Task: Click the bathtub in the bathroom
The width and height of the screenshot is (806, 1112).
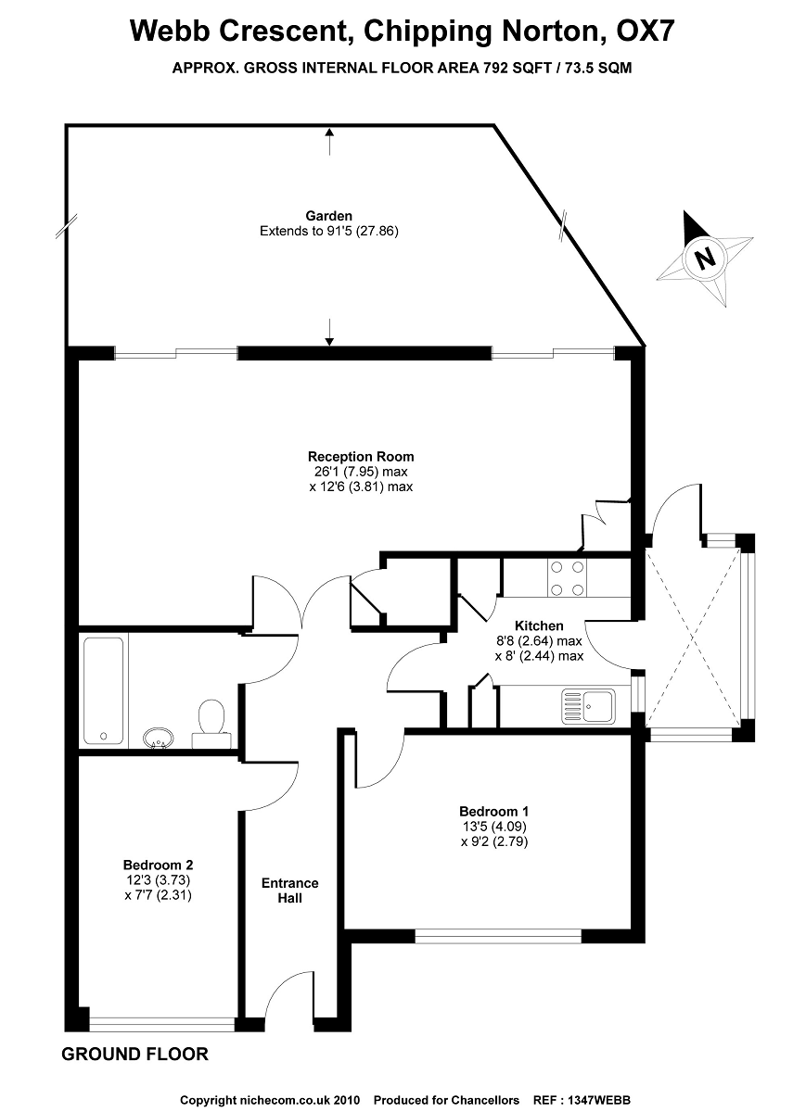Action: point(103,689)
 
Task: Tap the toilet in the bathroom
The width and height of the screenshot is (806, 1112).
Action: point(211,723)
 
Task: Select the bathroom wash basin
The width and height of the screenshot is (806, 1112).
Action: point(160,738)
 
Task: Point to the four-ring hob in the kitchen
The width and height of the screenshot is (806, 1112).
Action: point(567,577)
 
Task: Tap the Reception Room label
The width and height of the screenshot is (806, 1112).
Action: point(361,457)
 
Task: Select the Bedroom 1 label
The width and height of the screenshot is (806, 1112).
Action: point(493,812)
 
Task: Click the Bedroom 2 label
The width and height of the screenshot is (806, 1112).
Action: point(158,866)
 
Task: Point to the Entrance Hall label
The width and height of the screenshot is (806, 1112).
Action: point(289,891)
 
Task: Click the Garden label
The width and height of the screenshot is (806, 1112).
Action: point(329,217)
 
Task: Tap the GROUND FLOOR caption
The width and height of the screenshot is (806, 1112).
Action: point(134,1055)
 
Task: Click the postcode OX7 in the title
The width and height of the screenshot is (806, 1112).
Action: point(640,32)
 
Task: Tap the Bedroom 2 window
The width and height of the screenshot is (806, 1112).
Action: point(161,1023)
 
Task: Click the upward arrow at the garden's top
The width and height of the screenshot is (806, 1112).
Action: point(329,139)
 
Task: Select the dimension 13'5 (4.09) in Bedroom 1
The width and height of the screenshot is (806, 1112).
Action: point(493,827)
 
